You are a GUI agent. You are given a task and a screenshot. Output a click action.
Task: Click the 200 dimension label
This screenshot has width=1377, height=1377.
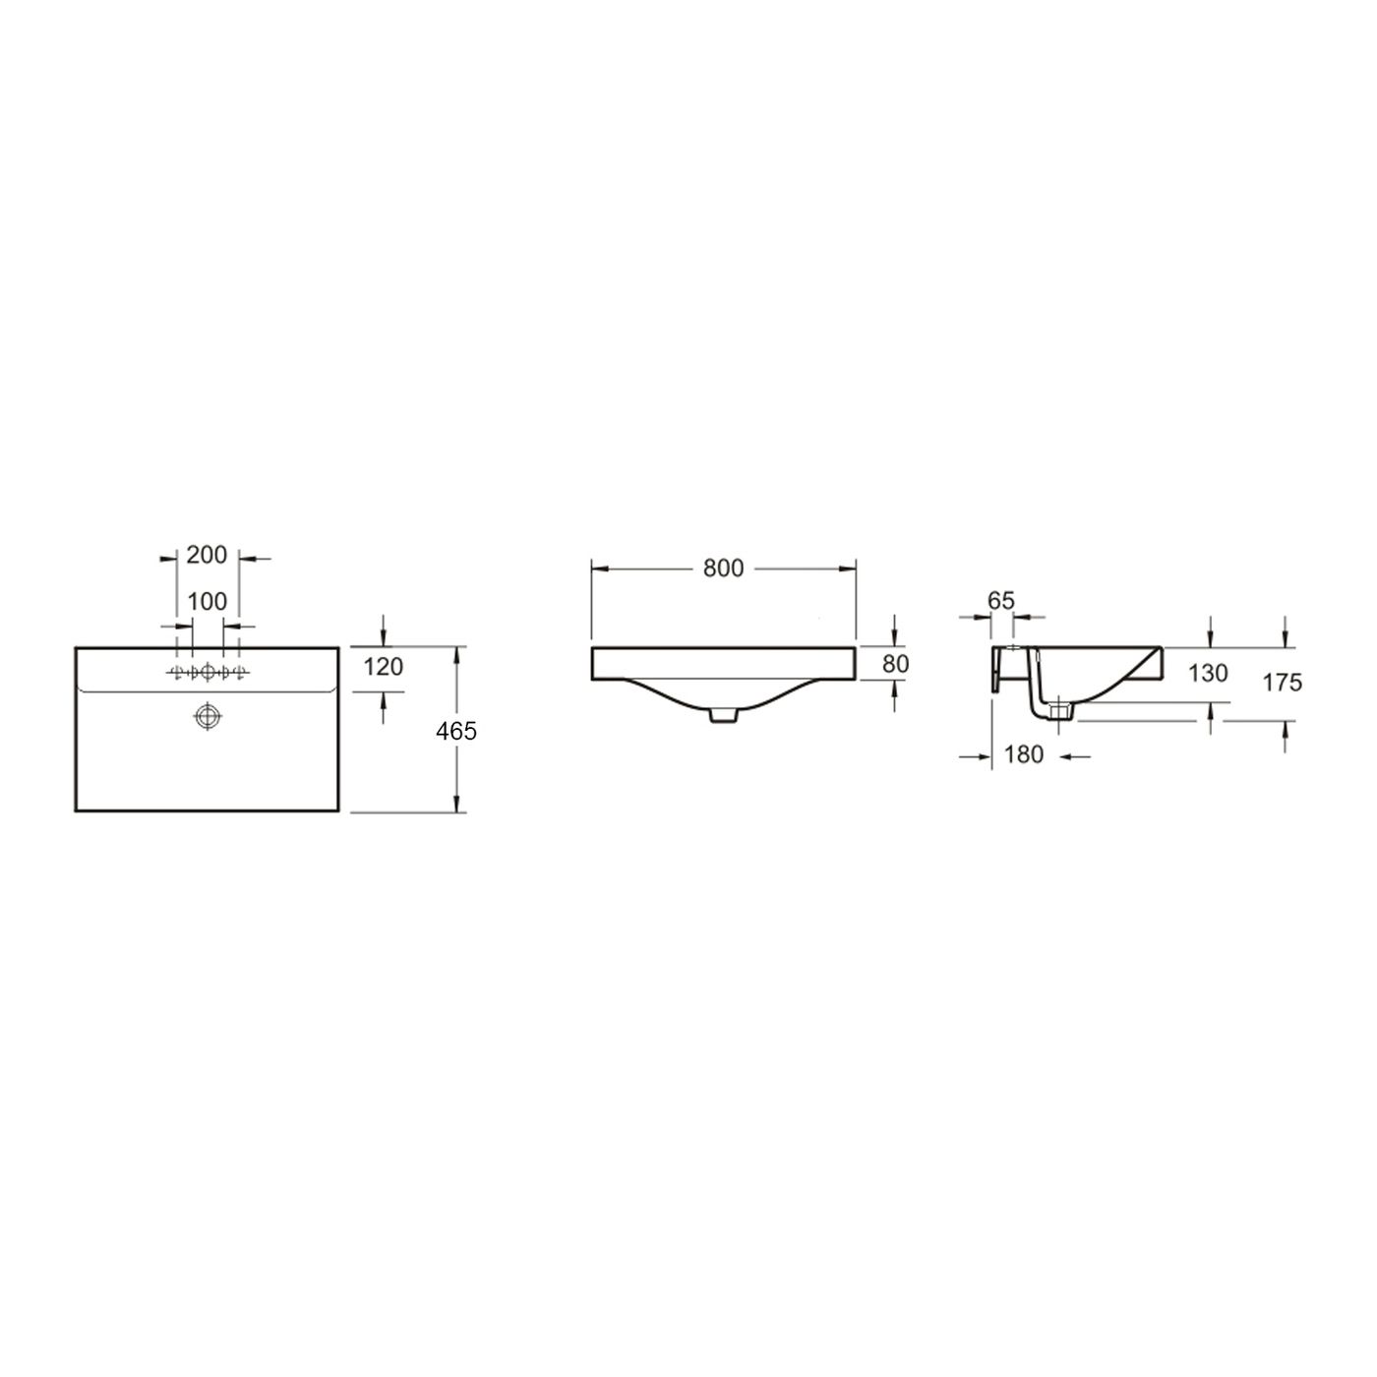tap(207, 555)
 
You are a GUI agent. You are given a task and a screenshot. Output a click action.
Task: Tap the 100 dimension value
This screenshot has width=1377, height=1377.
tap(208, 602)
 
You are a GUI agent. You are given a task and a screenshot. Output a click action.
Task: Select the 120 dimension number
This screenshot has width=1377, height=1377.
tap(384, 667)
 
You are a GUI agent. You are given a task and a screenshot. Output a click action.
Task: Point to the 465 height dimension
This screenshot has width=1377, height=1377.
tap(456, 731)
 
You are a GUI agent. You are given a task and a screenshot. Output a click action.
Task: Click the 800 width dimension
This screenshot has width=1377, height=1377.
tap(723, 569)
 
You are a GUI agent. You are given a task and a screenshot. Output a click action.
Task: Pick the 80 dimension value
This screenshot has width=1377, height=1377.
tap(895, 664)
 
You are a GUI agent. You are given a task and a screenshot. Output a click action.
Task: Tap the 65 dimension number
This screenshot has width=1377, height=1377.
tap(1001, 601)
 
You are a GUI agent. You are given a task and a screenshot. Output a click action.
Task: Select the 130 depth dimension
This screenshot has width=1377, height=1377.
tap(1208, 673)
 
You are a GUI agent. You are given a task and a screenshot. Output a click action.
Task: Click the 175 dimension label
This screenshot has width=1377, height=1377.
tap(1282, 683)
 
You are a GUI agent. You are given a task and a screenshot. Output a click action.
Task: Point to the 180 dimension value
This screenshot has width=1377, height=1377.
tap(1024, 753)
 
